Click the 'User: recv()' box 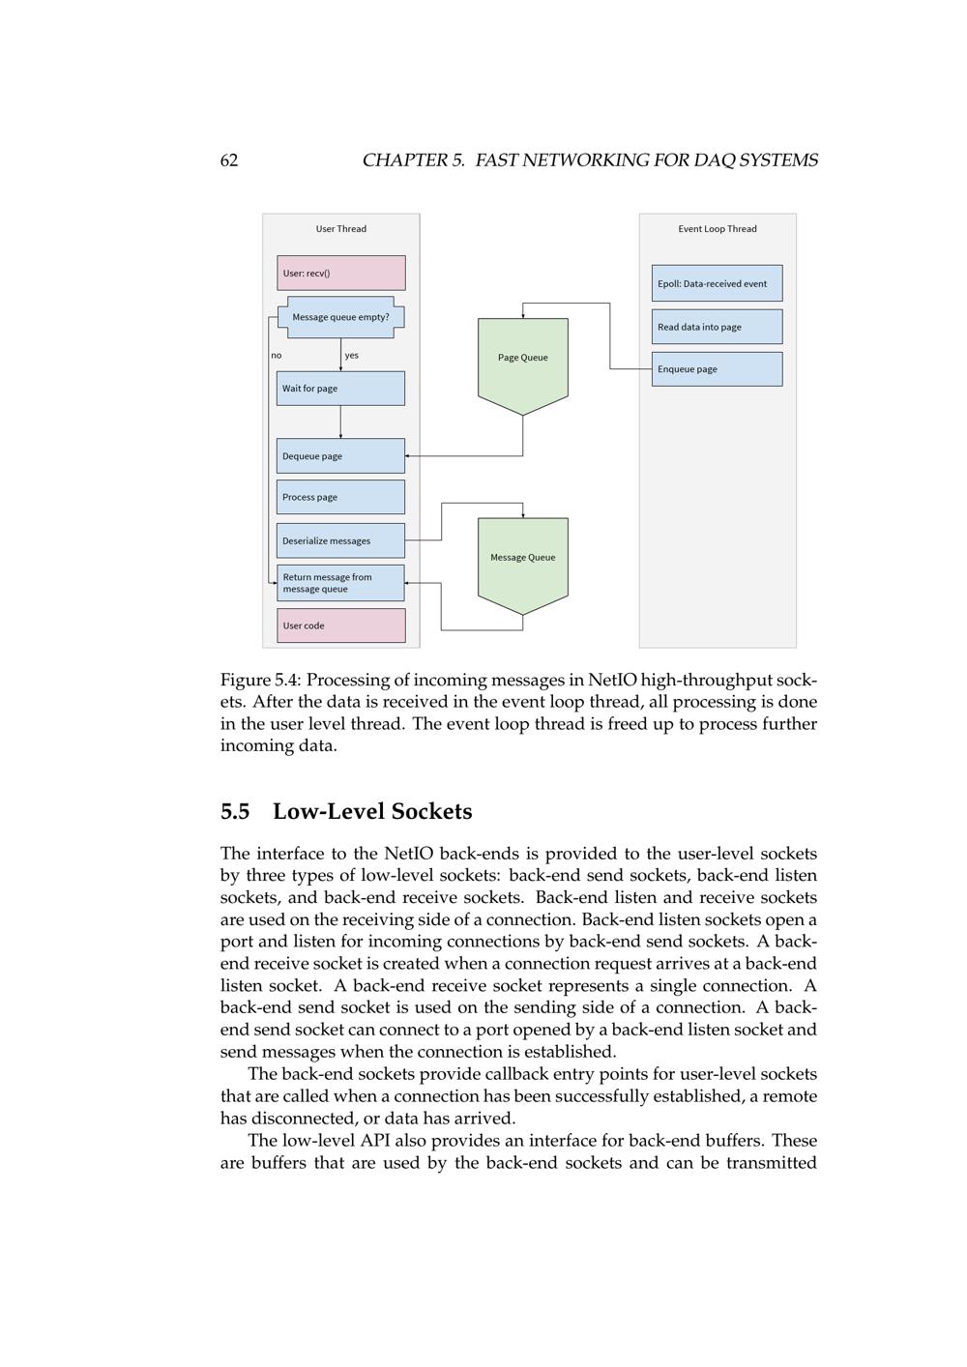340,273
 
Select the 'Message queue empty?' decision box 340,317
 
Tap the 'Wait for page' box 340,389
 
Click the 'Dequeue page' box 340,456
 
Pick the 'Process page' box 340,497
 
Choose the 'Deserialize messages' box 340,540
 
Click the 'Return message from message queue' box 340,583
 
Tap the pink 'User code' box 340,625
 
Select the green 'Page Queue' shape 522,360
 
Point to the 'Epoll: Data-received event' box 717,283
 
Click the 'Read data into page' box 717,327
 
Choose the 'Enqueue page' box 717,369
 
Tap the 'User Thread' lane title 341,229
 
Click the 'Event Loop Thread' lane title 718,229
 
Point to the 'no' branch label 277,356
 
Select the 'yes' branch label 351,356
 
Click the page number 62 229,160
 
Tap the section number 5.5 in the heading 235,812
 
